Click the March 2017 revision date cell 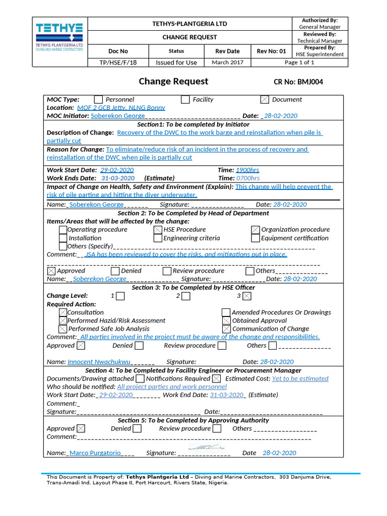pos(227,62)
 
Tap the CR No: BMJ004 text pos(298,82)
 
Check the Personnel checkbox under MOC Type pos(98,100)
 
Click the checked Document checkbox pos(265,100)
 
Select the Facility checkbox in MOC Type pos(185,100)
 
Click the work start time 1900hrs pos(247,170)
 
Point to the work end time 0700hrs pos(248,178)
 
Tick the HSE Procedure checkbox pos(158,230)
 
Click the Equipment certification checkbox pos(255,238)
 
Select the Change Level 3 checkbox pos(247,296)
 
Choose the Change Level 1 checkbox pos(120,296)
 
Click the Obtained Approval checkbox pos(226,321)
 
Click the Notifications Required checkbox pos(216,378)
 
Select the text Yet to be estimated pos(300,378)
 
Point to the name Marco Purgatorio pos(95,453)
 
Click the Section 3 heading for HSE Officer pos(193,288)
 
